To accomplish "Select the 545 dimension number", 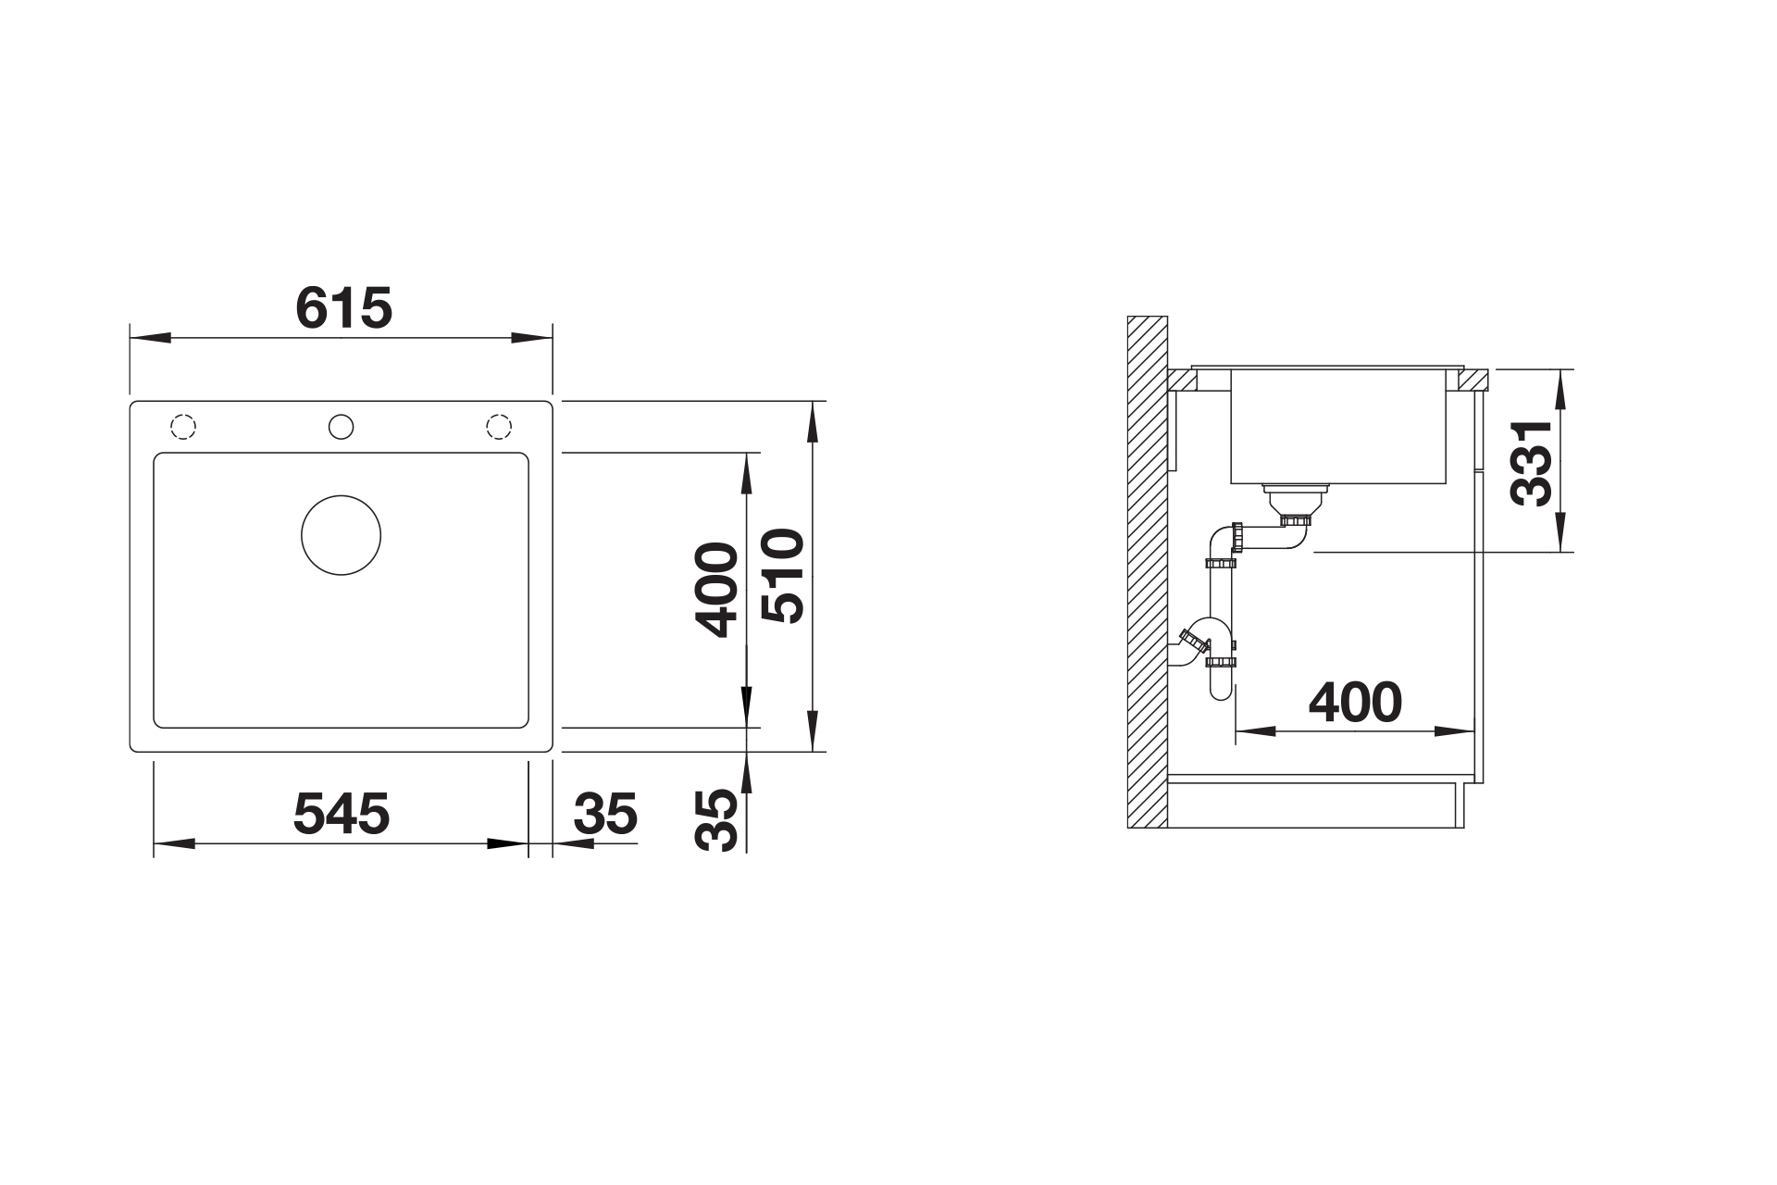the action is [342, 814].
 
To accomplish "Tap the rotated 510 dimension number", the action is [783, 575].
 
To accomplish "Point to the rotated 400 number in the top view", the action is [718, 590].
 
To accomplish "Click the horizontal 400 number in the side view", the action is [1355, 703].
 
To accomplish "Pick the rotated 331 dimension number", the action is [1531, 463].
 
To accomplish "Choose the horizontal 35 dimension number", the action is [605, 814].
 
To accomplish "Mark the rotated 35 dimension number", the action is [718, 820].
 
